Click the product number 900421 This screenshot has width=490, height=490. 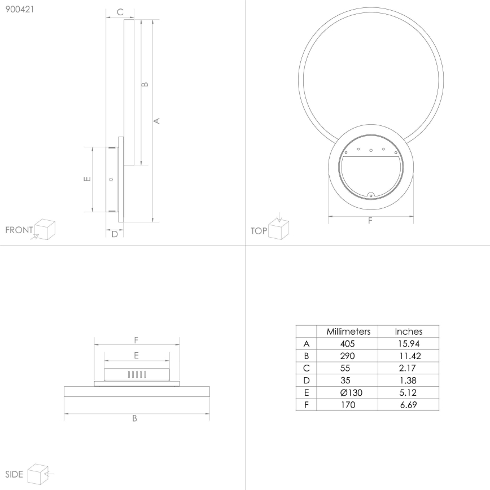pyautogui.click(x=18, y=10)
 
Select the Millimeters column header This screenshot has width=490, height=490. pyautogui.click(x=348, y=331)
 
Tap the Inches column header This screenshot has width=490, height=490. pyautogui.click(x=408, y=331)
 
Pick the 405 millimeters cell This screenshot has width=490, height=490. pyautogui.click(x=348, y=344)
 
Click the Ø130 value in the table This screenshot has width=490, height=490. pyautogui.click(x=348, y=393)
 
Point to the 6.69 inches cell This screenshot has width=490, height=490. pyautogui.click(x=408, y=405)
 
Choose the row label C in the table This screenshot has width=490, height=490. pyautogui.click(x=307, y=368)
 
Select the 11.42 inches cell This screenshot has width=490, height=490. pyautogui.click(x=408, y=356)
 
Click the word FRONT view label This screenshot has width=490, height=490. pyautogui.click(x=19, y=230)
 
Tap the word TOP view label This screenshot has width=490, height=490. pyautogui.click(x=259, y=230)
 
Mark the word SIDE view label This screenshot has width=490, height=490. pyautogui.click(x=14, y=474)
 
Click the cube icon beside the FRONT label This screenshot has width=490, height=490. pyautogui.click(x=45, y=229)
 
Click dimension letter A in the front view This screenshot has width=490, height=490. pyautogui.click(x=158, y=120)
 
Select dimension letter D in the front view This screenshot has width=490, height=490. pyautogui.click(x=114, y=234)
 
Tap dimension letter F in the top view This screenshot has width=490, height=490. pyautogui.click(x=370, y=221)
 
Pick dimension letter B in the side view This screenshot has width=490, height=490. pyautogui.click(x=135, y=419)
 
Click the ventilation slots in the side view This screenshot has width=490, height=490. pyautogui.click(x=137, y=374)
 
